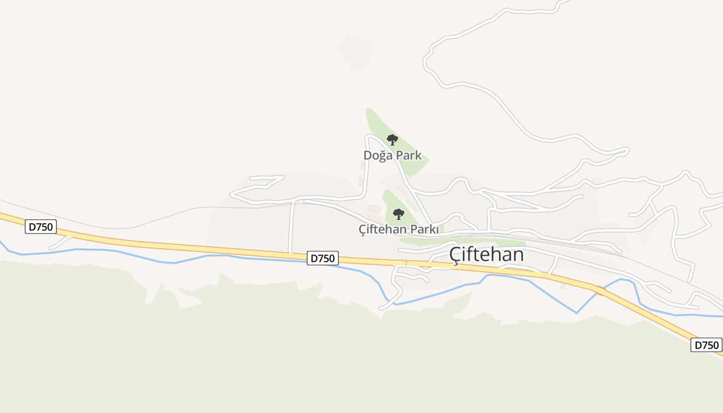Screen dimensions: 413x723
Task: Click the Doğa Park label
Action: (392, 155)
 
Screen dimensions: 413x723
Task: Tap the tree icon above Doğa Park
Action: (392, 139)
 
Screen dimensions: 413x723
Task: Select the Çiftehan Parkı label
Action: (399, 229)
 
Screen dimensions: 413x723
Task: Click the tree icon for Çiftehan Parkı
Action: (398, 214)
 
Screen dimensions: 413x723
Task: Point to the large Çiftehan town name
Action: (486, 255)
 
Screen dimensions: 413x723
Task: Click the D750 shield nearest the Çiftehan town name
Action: (323, 258)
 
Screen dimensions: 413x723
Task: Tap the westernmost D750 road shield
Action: (40, 227)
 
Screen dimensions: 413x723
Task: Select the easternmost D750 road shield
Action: (706, 345)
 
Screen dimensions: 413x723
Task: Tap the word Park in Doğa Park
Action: (408, 155)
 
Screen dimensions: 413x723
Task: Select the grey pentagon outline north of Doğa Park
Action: (356, 52)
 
